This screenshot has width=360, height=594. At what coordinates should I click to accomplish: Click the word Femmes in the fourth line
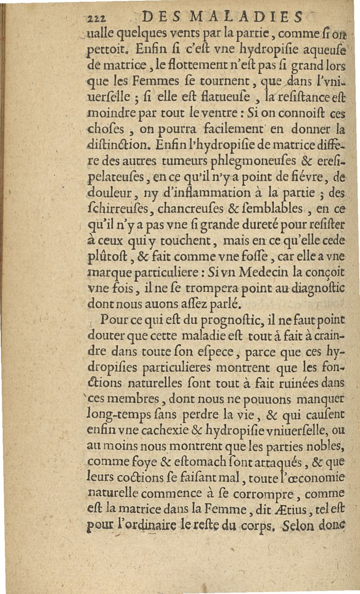[140, 82]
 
